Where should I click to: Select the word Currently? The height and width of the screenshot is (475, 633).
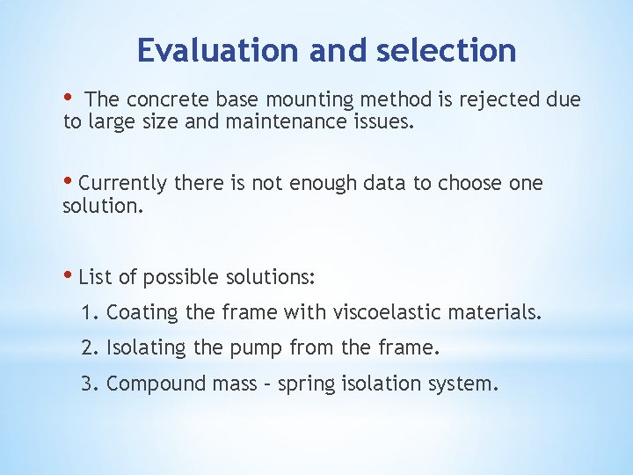tap(123, 184)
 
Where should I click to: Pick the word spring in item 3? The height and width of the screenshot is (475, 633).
tap(302, 384)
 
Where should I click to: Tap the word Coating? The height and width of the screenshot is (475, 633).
tap(136, 312)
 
